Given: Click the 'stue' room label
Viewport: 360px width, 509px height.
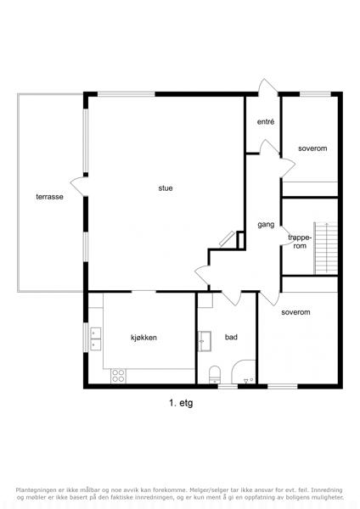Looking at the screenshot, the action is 166,188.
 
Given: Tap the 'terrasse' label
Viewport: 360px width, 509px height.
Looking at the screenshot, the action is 49,197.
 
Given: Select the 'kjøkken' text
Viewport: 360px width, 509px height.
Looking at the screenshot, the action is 143,338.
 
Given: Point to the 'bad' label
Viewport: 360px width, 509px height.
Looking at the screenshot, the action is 231,338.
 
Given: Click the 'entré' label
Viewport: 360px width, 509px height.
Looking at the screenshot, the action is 266,121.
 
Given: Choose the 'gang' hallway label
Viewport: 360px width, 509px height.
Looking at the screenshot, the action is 266,225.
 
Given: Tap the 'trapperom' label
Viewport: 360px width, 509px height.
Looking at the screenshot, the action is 300,242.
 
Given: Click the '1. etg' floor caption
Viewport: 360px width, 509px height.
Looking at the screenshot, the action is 181,403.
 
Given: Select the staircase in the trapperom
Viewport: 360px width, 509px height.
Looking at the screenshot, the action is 325,249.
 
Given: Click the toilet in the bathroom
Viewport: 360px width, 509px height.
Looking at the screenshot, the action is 215,374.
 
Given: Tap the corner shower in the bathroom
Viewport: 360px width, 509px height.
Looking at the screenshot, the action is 244,372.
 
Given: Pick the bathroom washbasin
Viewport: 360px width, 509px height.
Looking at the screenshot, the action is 205,341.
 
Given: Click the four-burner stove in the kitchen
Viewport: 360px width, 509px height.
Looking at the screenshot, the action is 118,376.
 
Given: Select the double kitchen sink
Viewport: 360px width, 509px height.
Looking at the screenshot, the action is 96,338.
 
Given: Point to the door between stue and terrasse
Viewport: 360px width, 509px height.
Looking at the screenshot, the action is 79,187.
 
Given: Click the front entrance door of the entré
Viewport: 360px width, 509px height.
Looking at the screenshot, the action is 268,87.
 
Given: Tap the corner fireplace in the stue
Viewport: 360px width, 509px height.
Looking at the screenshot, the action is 227,238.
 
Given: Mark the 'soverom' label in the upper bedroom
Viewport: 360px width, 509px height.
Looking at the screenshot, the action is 312,148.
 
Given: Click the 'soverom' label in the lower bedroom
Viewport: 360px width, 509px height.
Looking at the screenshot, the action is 295,312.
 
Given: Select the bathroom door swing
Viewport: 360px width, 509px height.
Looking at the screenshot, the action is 232,298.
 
